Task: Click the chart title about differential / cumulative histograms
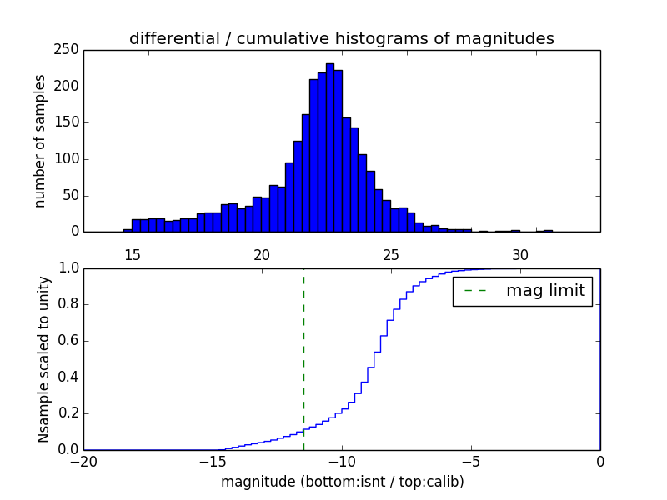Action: [342, 38]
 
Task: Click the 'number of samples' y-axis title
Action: [40, 141]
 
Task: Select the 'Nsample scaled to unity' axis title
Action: [43, 358]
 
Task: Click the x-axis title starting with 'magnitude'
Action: [342, 482]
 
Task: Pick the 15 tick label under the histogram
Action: [132, 254]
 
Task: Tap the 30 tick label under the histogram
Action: [520, 254]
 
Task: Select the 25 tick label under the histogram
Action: [391, 254]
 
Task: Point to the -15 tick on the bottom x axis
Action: [213, 461]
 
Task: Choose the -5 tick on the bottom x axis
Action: [471, 461]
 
